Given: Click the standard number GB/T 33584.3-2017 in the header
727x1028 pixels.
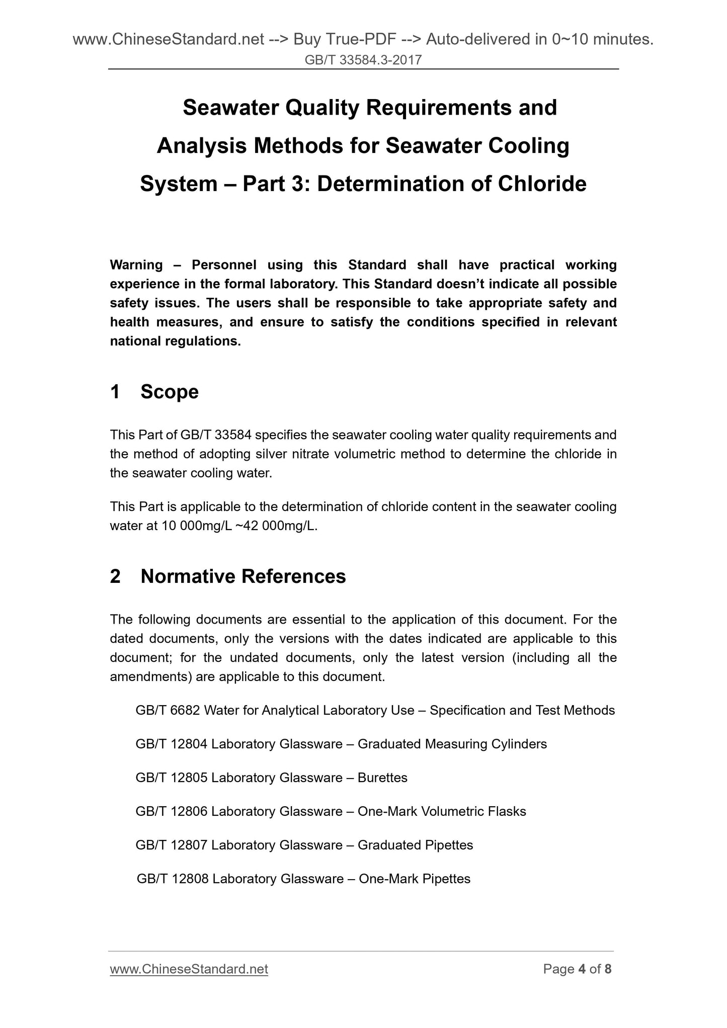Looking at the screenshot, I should click(363, 60).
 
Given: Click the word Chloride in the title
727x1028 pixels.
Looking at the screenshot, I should click(542, 184).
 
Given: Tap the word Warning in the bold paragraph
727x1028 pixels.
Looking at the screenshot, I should click(136, 265).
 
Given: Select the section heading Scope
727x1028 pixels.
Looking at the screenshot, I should click(170, 392).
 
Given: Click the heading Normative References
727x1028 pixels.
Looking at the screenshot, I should click(243, 576).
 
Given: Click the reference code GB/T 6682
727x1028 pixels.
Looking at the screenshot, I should click(168, 710).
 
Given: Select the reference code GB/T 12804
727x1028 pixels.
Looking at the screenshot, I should click(171, 744).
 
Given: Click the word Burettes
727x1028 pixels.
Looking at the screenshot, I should click(382, 778).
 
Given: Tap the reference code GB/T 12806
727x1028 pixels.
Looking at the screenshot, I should click(171, 811).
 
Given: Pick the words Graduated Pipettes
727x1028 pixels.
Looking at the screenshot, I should click(415, 845).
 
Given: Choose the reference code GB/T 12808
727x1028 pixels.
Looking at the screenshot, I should click(172, 879).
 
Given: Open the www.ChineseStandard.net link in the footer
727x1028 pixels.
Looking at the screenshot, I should click(189, 969).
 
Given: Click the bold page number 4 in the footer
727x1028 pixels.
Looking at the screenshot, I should click(582, 969).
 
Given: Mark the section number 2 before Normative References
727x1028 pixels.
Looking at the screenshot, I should click(115, 576).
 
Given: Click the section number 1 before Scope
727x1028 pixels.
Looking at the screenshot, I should click(115, 392).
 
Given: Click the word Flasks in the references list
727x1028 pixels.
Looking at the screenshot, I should click(507, 811).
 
